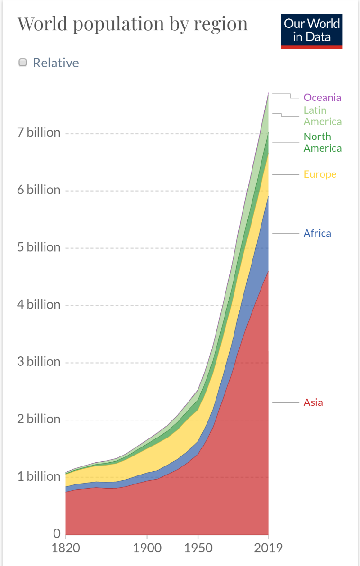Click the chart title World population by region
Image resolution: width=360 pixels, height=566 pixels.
pos(133,24)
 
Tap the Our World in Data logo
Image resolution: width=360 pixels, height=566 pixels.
pos(312,31)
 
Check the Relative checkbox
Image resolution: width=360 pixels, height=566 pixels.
pos(22,63)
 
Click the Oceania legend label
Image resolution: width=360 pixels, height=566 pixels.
pos(322,97)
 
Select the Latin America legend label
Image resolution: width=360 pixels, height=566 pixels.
pos(322,116)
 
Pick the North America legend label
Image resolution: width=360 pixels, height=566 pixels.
pos(322,142)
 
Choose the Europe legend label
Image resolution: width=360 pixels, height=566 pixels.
pos(320,174)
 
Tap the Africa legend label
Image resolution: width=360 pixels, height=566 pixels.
pos(317,233)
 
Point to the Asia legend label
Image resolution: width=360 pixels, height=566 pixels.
pos(313,402)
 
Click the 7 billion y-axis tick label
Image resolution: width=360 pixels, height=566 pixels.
pos(39,132)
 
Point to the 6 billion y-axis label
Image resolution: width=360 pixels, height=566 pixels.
pos(39,190)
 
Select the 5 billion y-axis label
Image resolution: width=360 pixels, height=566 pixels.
pos(39,247)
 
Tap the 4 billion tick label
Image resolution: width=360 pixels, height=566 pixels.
pos(39,304)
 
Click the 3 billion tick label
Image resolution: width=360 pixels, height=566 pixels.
pos(39,362)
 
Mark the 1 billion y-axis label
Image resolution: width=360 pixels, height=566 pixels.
pos(39,476)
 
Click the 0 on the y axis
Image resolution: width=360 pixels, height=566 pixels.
pos(56,534)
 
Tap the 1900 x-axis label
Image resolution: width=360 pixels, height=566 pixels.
pos(147,548)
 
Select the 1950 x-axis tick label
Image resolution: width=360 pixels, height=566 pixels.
pos(198,548)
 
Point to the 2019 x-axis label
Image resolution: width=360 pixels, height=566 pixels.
pos(268,548)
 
